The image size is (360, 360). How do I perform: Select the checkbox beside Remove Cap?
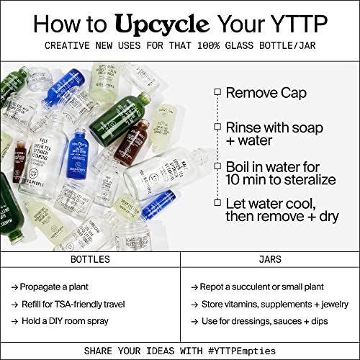pos(217,92)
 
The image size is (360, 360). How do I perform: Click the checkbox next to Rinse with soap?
pos(217,127)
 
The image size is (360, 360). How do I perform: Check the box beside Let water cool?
pos(217,202)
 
